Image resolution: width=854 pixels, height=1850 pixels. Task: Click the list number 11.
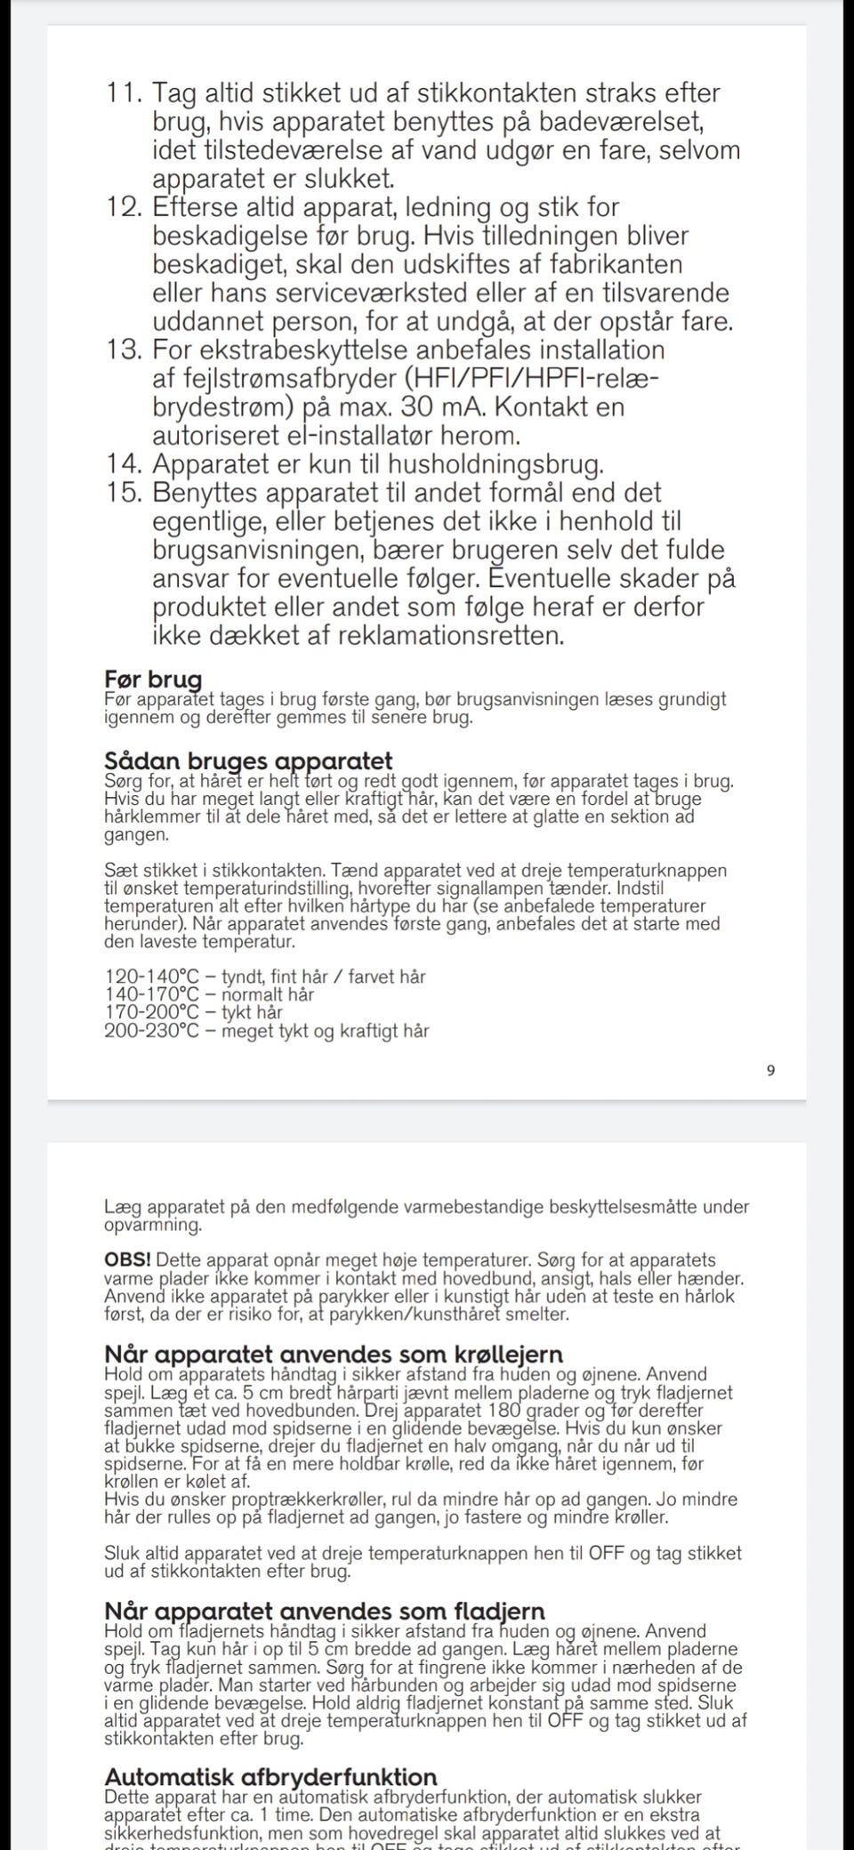coord(125,93)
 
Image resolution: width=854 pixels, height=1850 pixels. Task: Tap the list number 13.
coord(125,350)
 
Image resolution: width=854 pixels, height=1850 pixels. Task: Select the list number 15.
coord(125,493)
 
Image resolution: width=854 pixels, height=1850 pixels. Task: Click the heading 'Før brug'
coord(153,680)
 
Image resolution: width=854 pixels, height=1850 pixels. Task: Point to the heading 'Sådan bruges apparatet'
coord(248,762)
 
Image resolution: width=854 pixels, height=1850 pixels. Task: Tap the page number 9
coord(770,1071)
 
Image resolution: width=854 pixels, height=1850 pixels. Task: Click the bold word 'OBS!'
coord(128,1260)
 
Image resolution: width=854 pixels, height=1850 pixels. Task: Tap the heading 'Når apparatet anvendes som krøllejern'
coord(334,1355)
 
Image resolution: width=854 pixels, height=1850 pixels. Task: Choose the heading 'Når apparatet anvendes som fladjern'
coord(325,1611)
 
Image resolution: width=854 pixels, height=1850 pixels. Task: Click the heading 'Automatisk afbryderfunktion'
coord(270,1777)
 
